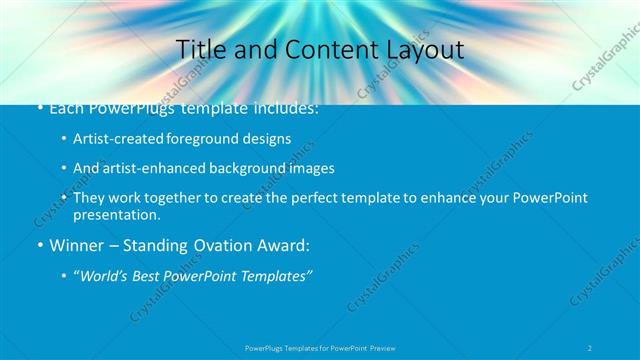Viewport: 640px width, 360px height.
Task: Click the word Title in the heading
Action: (199, 49)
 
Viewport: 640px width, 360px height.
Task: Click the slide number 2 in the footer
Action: (591, 347)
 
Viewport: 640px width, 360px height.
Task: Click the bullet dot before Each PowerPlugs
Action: (39, 108)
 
